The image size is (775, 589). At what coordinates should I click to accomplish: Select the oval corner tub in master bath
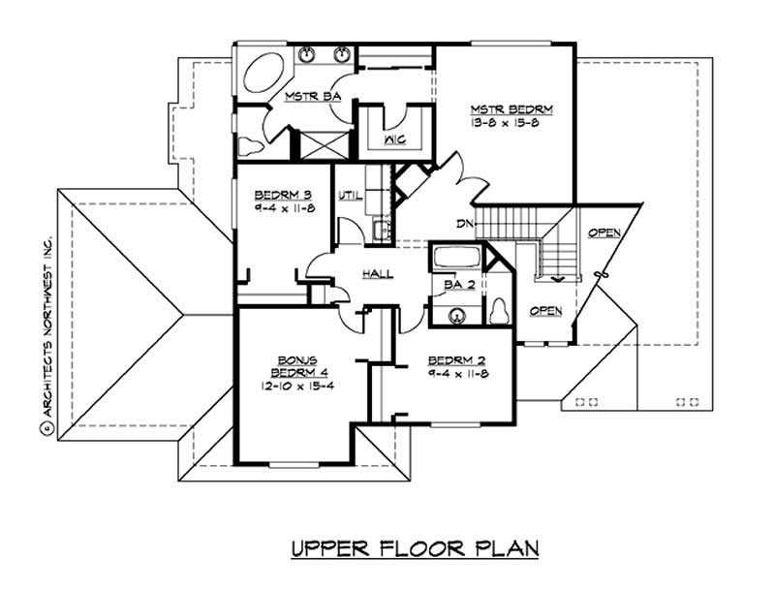(262, 75)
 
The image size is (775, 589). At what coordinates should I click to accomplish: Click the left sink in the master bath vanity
(307, 54)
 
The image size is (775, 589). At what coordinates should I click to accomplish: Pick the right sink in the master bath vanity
(342, 54)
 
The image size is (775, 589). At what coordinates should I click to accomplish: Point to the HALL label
(378, 274)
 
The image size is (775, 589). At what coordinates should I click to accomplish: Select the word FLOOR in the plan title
(417, 550)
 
